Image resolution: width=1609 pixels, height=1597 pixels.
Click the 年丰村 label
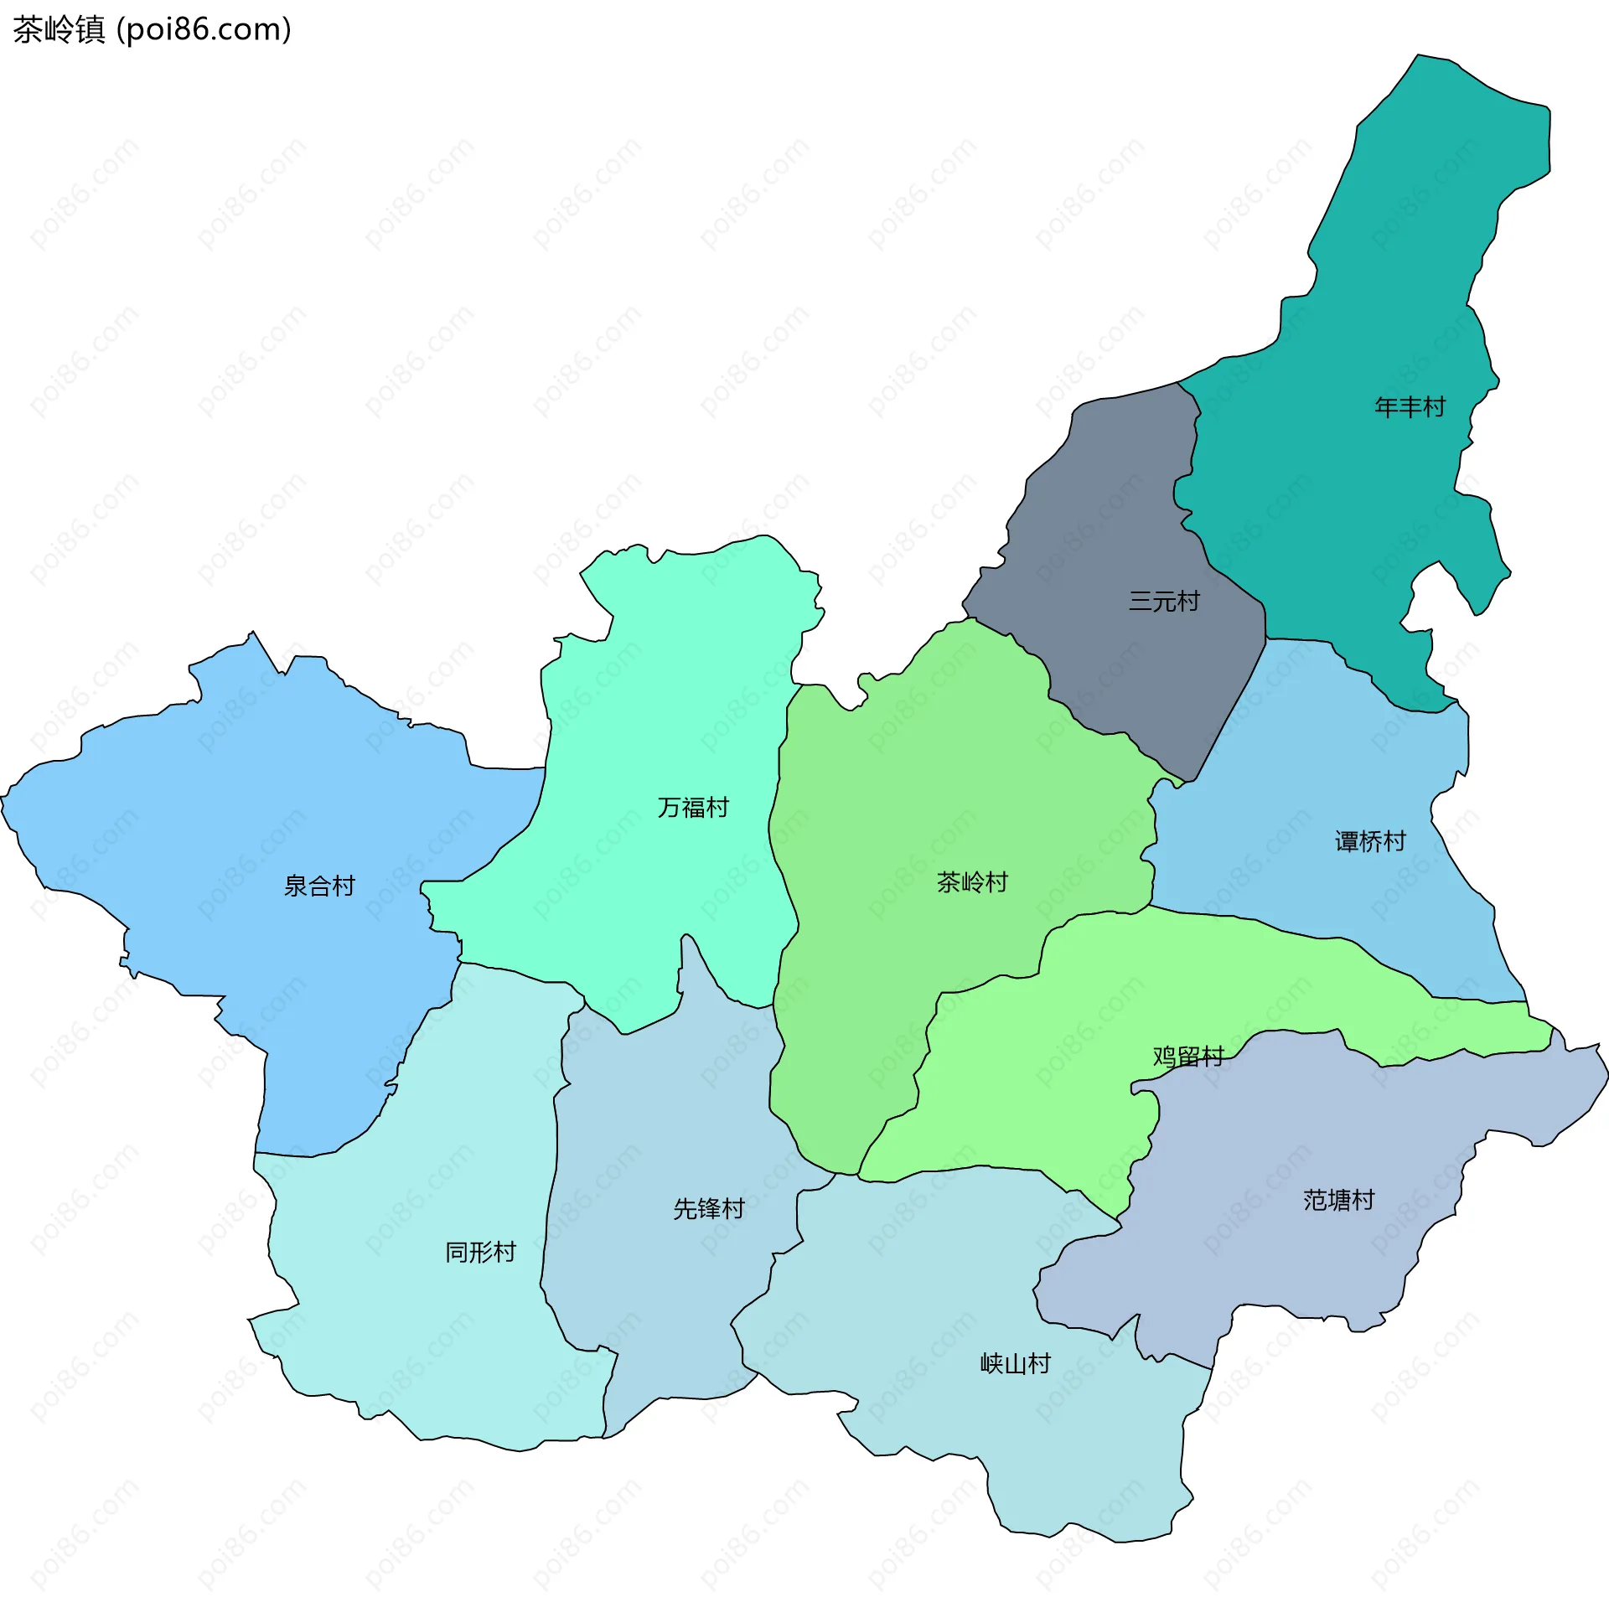click(1410, 407)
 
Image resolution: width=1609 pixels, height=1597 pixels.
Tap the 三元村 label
click(1164, 601)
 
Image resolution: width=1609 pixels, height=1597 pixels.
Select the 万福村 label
click(693, 807)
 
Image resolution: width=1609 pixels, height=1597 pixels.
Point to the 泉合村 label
click(319, 886)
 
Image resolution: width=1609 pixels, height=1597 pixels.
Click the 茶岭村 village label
click(972, 882)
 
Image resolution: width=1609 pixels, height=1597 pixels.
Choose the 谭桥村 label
click(1370, 841)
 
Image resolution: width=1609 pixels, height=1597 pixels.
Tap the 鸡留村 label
click(1188, 1057)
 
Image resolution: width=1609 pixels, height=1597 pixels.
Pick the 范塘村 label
click(1338, 1200)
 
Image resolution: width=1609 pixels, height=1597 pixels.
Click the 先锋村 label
click(709, 1208)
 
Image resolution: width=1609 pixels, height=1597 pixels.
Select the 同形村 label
click(480, 1252)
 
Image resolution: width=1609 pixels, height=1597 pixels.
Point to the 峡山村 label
click(1015, 1363)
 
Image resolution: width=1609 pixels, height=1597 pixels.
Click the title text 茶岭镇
click(59, 30)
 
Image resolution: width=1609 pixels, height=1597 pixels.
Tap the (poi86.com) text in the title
click(204, 30)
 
